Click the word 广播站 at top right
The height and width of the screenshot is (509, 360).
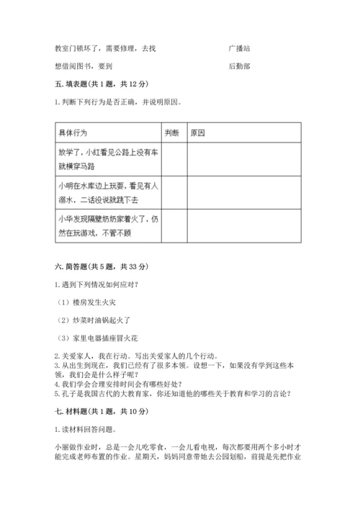click(239, 48)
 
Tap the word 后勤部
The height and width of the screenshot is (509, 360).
click(239, 66)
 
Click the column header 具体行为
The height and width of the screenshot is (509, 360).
click(74, 133)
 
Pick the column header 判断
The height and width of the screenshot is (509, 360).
click(171, 133)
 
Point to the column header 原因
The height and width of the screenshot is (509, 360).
click(198, 133)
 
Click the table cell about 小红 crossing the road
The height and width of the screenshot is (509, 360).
click(107, 159)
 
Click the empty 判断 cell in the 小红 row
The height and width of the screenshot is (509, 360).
click(175, 159)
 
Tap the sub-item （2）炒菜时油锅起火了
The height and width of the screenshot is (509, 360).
click(96, 319)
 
